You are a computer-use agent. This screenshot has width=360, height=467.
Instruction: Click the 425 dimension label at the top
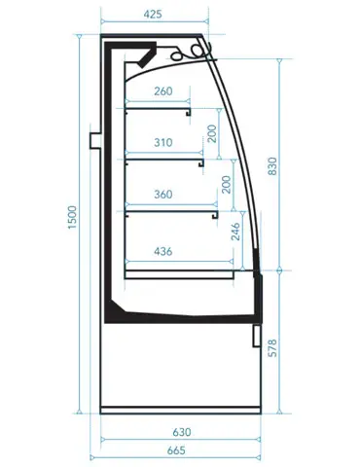(x=153, y=15)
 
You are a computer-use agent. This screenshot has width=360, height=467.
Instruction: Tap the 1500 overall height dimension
(x=72, y=217)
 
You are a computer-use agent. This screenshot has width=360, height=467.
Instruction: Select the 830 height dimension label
(x=272, y=166)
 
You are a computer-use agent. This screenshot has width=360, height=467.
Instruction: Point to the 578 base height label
(x=272, y=348)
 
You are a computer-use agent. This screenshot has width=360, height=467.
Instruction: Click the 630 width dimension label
(x=182, y=432)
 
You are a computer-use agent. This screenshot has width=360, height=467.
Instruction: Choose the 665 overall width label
(x=176, y=450)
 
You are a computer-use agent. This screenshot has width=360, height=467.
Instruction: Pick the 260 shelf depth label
(x=163, y=91)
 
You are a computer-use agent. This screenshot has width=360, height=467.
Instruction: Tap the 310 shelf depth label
(x=163, y=142)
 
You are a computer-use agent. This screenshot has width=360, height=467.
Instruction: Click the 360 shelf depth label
(x=163, y=195)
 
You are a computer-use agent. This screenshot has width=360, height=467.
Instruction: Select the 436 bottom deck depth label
(x=163, y=251)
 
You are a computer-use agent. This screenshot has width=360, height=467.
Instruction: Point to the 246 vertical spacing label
(x=235, y=232)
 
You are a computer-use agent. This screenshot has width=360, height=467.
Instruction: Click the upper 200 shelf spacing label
(x=211, y=133)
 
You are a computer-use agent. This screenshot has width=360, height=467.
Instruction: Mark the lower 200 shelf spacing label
(x=226, y=185)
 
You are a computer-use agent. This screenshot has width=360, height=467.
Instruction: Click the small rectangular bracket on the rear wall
(x=95, y=140)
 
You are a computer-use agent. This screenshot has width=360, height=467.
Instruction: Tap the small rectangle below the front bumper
(x=256, y=336)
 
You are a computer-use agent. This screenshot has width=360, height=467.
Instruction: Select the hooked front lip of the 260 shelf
(x=188, y=112)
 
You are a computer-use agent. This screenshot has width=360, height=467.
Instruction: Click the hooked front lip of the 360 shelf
(x=215, y=215)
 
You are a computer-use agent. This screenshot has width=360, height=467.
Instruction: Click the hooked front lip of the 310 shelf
(x=201, y=163)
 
